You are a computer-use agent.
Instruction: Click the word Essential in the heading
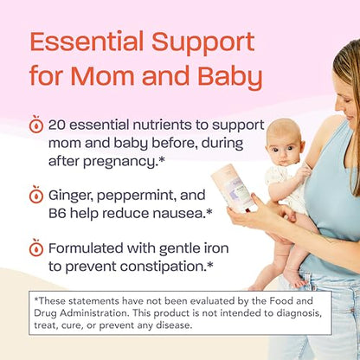83,41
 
